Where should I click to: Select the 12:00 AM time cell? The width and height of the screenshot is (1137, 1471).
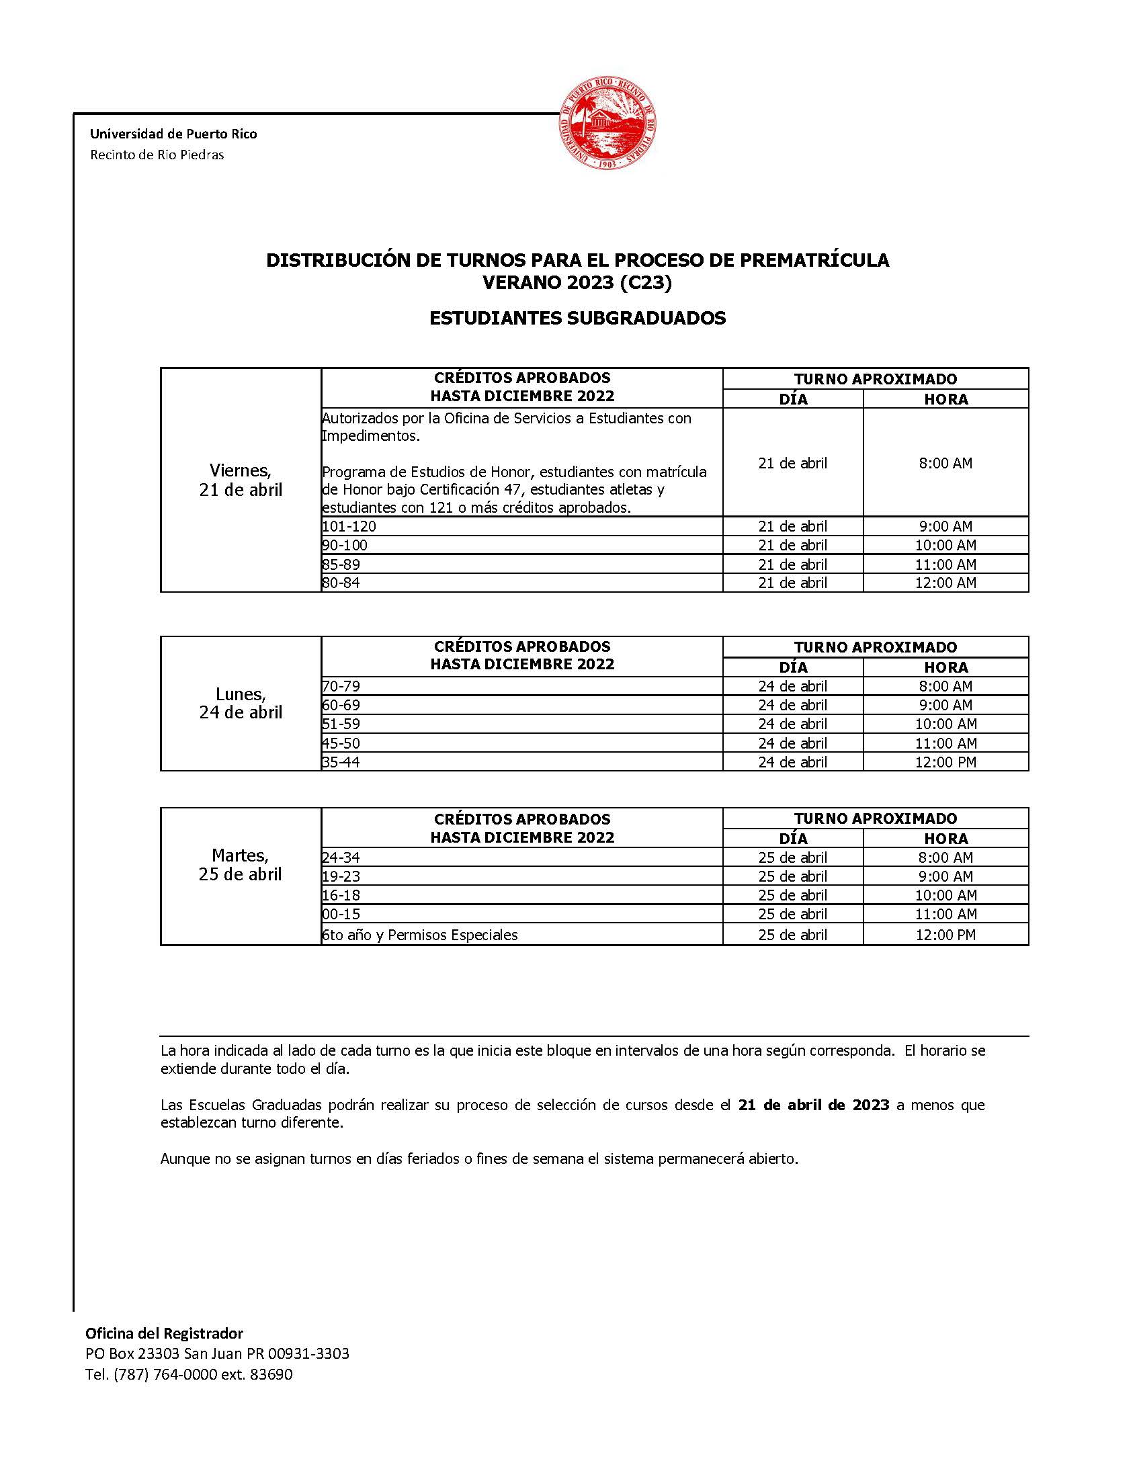click(x=945, y=583)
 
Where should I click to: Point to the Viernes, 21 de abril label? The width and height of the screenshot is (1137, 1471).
click(x=241, y=480)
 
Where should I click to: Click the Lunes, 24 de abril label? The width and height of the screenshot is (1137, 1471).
click(x=241, y=703)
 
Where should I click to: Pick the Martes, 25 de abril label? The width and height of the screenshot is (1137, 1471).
click(x=241, y=865)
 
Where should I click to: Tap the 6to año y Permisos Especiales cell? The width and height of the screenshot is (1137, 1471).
click(x=419, y=935)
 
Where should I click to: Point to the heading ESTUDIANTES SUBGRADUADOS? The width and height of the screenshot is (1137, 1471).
click(x=577, y=318)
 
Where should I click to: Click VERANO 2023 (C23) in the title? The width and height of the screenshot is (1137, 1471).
click(x=577, y=284)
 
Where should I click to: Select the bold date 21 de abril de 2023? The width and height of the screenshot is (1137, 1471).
click(x=814, y=1105)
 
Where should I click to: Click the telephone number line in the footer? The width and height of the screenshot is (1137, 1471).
click(x=189, y=1374)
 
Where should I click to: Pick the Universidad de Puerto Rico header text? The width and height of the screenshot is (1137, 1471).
click(x=173, y=133)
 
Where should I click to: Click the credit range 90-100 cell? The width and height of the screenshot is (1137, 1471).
click(x=345, y=545)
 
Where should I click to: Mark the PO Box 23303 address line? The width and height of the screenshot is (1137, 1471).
click(x=217, y=1354)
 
